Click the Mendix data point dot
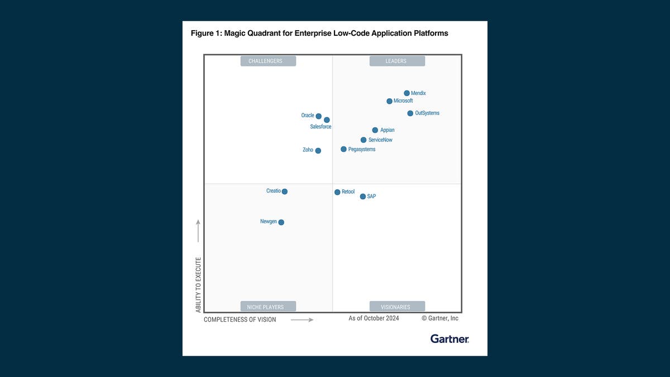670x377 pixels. coord(406,93)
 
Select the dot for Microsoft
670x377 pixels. coord(389,101)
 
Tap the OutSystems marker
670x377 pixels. coord(410,113)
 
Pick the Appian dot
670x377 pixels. coord(375,130)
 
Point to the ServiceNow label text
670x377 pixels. coord(380,140)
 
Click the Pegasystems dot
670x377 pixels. coord(343,149)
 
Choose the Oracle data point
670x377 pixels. coord(318,116)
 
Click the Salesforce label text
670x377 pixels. coord(320,127)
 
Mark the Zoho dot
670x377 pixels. coord(318,150)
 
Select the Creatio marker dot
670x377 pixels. coord(285,191)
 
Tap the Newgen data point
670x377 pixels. coord(281,222)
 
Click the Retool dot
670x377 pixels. coord(337,192)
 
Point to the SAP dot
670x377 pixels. coord(363,197)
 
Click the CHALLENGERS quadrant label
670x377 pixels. coord(268,61)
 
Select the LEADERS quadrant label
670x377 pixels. coord(397,61)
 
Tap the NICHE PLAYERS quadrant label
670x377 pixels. coord(268,307)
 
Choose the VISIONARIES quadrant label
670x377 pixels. coord(397,307)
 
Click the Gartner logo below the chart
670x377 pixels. coord(449,338)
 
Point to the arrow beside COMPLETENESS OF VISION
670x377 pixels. coord(302,320)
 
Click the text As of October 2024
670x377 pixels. coord(374,318)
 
